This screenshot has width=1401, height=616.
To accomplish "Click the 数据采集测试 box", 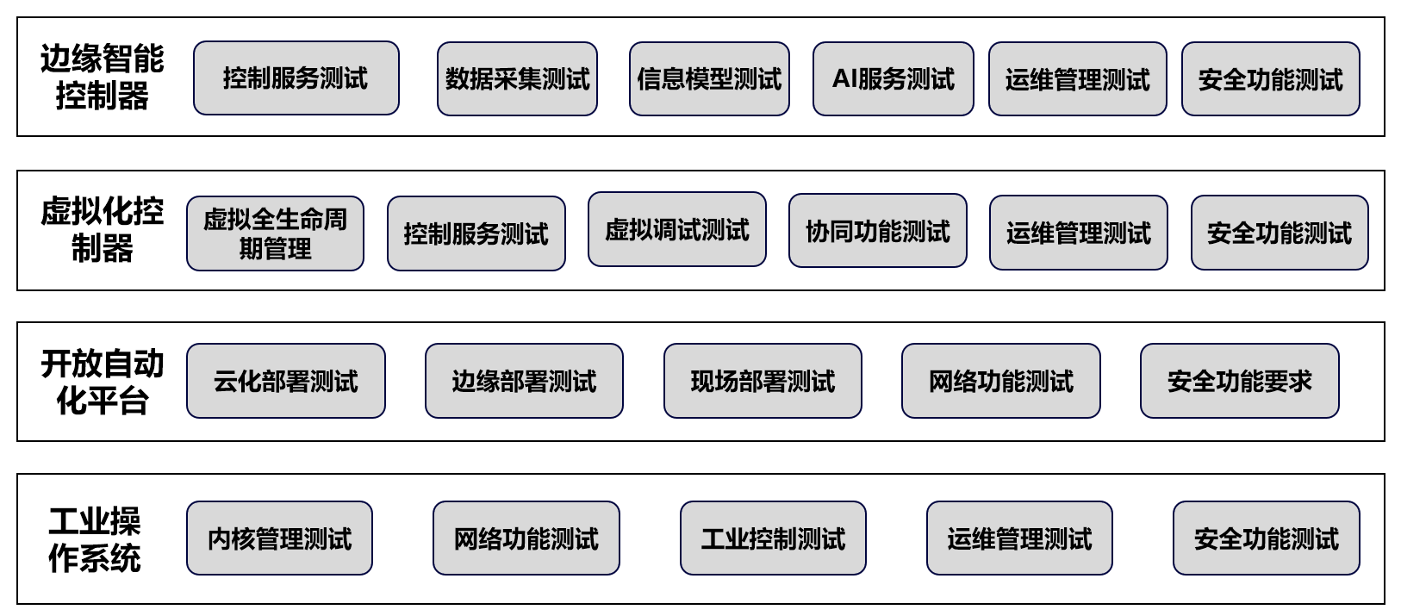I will pos(517,79).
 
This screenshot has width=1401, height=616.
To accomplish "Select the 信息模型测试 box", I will pos(709,79).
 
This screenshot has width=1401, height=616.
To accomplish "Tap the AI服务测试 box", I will pos(893,79).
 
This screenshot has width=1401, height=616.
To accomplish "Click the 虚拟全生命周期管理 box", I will pos(275,233).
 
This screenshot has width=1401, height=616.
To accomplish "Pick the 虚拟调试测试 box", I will pos(676,230).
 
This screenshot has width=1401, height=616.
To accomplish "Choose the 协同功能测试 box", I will pos(877,231).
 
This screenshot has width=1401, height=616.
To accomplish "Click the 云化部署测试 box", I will pos(285,381).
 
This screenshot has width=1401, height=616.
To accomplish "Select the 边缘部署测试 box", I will pos(524,381).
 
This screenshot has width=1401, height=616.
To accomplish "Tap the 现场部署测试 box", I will pos(763,381).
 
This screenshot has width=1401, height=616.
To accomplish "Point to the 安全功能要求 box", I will pos(1239,381).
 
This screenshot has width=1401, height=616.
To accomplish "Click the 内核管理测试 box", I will pos(279,538).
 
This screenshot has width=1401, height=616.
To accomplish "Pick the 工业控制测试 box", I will pos(773,538).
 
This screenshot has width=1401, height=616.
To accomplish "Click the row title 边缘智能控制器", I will pos(102,77).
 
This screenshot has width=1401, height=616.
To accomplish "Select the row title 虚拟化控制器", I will pos(102,230).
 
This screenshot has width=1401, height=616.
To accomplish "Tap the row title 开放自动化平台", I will pos(102,382).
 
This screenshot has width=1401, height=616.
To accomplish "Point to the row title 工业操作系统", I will pos(95,539).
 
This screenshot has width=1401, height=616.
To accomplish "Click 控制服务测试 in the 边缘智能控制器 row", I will pos(296,78).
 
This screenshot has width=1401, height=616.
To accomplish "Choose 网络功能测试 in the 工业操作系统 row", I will pos(526,538).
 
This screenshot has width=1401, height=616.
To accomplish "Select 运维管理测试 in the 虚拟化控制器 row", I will pos(1078,233).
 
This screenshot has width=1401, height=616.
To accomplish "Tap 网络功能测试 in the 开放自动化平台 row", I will pos(1000,381).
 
